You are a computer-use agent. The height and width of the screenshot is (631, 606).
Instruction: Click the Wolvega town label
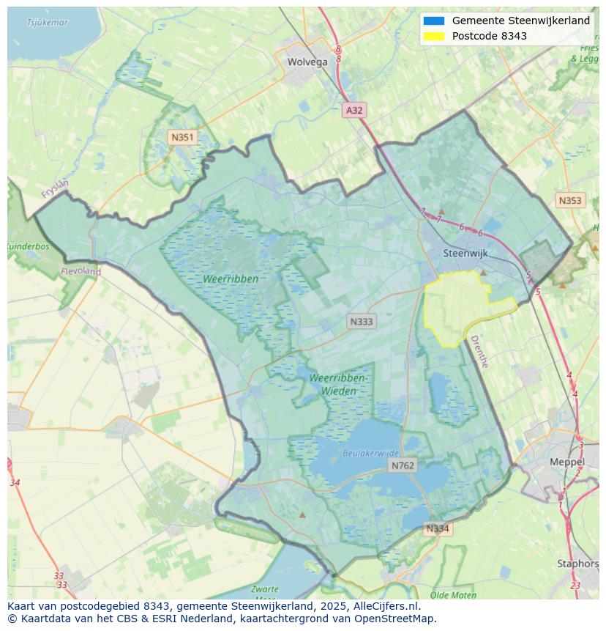[x=307, y=62]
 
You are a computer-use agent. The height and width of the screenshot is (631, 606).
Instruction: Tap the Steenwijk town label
[x=465, y=254]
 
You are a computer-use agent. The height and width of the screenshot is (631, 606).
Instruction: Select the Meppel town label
[x=567, y=462]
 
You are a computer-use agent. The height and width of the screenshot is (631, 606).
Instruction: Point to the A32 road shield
[x=354, y=110]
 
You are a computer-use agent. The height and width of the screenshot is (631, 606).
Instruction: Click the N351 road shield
[x=182, y=137]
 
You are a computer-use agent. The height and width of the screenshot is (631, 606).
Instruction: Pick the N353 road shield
[x=570, y=200]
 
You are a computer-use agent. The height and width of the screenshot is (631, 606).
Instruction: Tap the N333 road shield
[x=362, y=322]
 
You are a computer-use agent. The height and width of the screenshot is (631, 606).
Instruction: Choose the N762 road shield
[x=403, y=465]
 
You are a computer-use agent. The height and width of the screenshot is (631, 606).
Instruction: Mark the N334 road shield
[x=438, y=528]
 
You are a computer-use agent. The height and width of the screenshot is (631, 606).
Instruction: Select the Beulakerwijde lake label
[x=371, y=454]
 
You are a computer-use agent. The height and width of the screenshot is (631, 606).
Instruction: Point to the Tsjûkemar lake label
[x=48, y=23]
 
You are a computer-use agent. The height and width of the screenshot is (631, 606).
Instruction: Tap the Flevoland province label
[x=81, y=271]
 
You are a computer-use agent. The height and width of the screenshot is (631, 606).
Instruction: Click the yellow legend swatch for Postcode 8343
[x=433, y=36]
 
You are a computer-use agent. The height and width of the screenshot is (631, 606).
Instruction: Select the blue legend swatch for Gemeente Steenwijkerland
[x=433, y=21]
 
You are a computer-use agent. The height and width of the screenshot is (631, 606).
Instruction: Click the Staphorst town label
[x=577, y=564]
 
